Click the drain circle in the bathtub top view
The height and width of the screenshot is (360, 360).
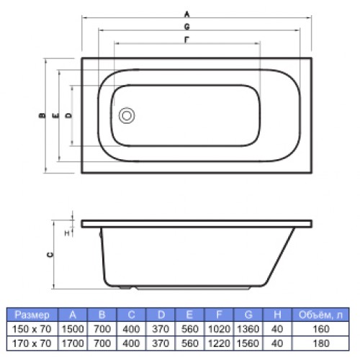coord(127,115)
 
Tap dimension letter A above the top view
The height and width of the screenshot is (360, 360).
coord(186,14)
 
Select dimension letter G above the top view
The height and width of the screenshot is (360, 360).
coord(186,27)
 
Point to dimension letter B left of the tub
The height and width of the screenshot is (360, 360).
coord(42,115)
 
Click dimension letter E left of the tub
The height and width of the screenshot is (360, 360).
coord(55,116)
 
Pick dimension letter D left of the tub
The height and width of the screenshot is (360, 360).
coord(69,115)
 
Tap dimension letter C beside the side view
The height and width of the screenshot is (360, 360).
coord(50,255)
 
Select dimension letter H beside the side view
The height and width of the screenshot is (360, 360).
coord(67,233)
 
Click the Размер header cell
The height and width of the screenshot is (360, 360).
coord(32,315)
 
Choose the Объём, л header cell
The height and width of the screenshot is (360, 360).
coord(320,315)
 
